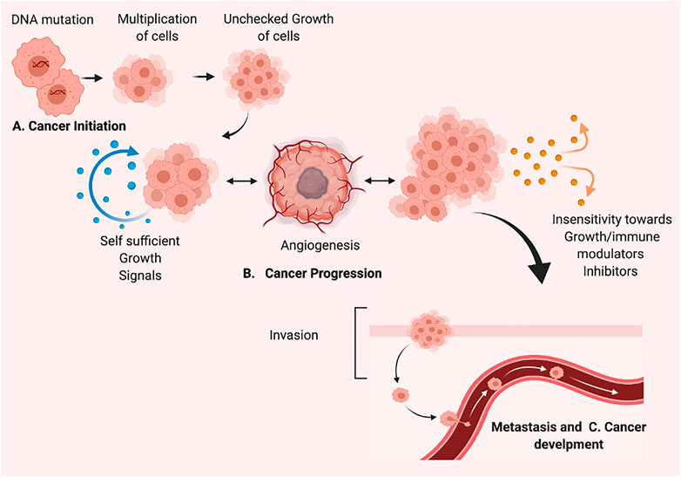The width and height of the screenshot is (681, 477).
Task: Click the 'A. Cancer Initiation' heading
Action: click(x=69, y=126)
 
